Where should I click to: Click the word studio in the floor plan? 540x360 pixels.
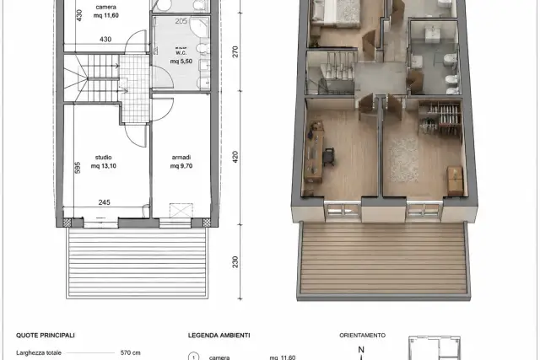(x=103, y=158)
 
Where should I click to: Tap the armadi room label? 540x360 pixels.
(x=181, y=158)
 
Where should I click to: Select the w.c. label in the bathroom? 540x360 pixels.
(x=181, y=52)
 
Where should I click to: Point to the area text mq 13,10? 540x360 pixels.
(x=103, y=166)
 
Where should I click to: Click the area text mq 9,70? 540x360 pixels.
(x=181, y=166)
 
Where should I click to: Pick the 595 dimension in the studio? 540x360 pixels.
(x=78, y=168)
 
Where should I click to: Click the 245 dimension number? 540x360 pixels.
(x=105, y=202)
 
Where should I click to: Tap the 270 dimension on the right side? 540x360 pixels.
(x=235, y=52)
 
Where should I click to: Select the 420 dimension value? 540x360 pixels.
(x=235, y=157)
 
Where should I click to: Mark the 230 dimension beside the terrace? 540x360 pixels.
(x=235, y=262)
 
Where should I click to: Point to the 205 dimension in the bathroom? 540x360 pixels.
(x=181, y=21)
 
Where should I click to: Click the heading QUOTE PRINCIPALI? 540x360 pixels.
(x=46, y=336)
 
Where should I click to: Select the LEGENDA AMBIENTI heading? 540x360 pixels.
(x=219, y=336)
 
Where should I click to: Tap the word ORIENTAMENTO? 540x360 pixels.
(x=362, y=336)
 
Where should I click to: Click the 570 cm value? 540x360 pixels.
(x=131, y=352)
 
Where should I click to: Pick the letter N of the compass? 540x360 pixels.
(x=361, y=350)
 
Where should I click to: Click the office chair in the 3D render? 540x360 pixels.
(x=329, y=157)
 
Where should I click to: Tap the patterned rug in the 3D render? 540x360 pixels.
(x=404, y=160)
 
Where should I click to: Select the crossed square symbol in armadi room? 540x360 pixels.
(x=181, y=211)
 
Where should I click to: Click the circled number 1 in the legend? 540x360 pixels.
(x=193, y=357)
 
